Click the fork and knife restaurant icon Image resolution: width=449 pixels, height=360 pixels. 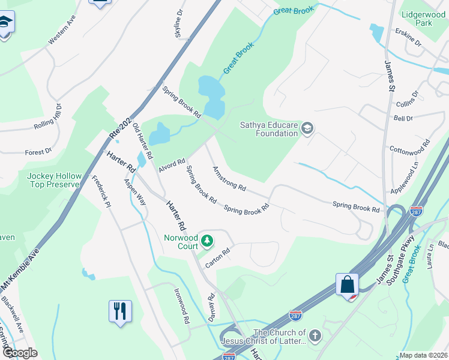pyautogui.click(x=120, y=311)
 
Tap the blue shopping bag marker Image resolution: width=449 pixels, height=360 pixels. pyautogui.click(x=348, y=284)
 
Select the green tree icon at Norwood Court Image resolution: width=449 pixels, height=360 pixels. pyautogui.click(x=207, y=241)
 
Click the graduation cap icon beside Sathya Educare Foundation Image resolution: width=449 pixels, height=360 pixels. pyautogui.click(x=307, y=127)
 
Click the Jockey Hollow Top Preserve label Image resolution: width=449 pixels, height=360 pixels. pyautogui.click(x=54, y=180)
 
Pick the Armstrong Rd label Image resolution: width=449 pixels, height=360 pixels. pyautogui.click(x=229, y=179)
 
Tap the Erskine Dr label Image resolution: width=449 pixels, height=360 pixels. pyautogui.click(x=409, y=37)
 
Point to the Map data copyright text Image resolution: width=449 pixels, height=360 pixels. pyautogui.click(x=423, y=355)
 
